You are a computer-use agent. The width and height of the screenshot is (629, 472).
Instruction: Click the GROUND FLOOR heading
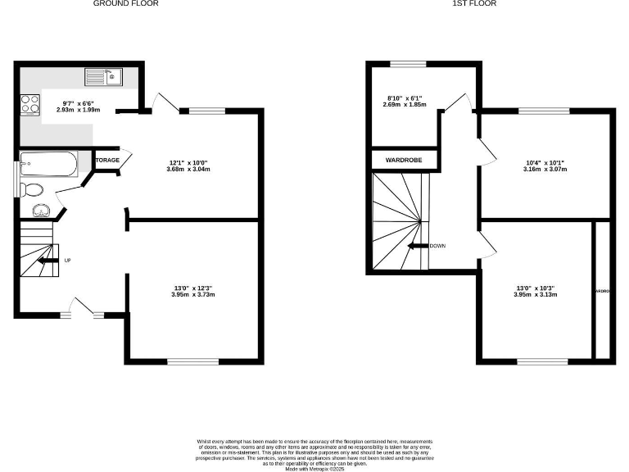(x=126, y=4)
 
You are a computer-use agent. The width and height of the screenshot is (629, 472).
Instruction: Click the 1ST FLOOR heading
(x=473, y=4)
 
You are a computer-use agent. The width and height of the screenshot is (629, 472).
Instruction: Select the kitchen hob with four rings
(x=30, y=104)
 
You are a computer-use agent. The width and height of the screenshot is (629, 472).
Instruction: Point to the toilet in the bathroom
(x=34, y=190)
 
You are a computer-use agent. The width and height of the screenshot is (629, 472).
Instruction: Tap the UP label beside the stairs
(x=67, y=261)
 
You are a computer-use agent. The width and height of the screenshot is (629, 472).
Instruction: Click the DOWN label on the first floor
(x=437, y=245)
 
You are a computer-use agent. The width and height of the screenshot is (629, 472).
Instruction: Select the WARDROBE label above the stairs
(x=404, y=160)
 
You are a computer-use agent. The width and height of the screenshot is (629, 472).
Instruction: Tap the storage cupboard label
(x=108, y=160)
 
